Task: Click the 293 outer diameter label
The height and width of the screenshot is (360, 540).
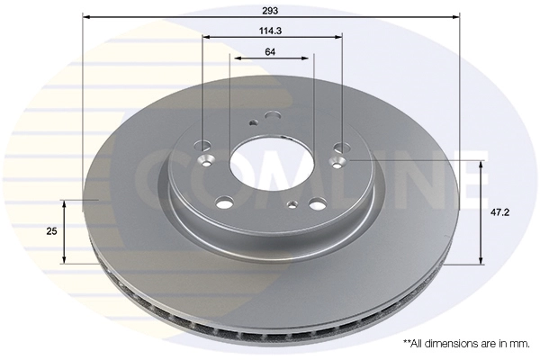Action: coord(271,11)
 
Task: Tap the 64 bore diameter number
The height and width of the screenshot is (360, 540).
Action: coord(271,51)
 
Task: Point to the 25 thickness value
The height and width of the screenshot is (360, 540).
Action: coord(51,231)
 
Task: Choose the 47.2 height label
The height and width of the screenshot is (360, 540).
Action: coord(501,213)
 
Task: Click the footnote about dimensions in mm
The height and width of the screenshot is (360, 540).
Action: coord(466,343)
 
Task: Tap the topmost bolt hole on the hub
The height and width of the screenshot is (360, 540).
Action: coord(272,114)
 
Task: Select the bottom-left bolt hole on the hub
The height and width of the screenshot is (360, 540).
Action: coord(225,201)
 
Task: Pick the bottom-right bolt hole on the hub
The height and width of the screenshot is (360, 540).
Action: coord(318,202)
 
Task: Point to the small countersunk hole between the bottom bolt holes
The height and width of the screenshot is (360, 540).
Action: coord(290,205)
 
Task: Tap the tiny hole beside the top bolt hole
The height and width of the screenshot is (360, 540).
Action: coord(254,123)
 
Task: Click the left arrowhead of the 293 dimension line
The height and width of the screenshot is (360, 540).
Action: coord(86,17)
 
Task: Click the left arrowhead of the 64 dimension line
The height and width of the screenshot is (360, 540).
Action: coord(233,58)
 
